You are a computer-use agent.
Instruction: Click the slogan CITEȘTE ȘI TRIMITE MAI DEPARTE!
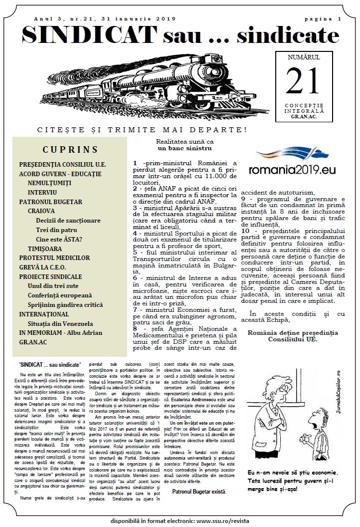click(142, 130)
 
